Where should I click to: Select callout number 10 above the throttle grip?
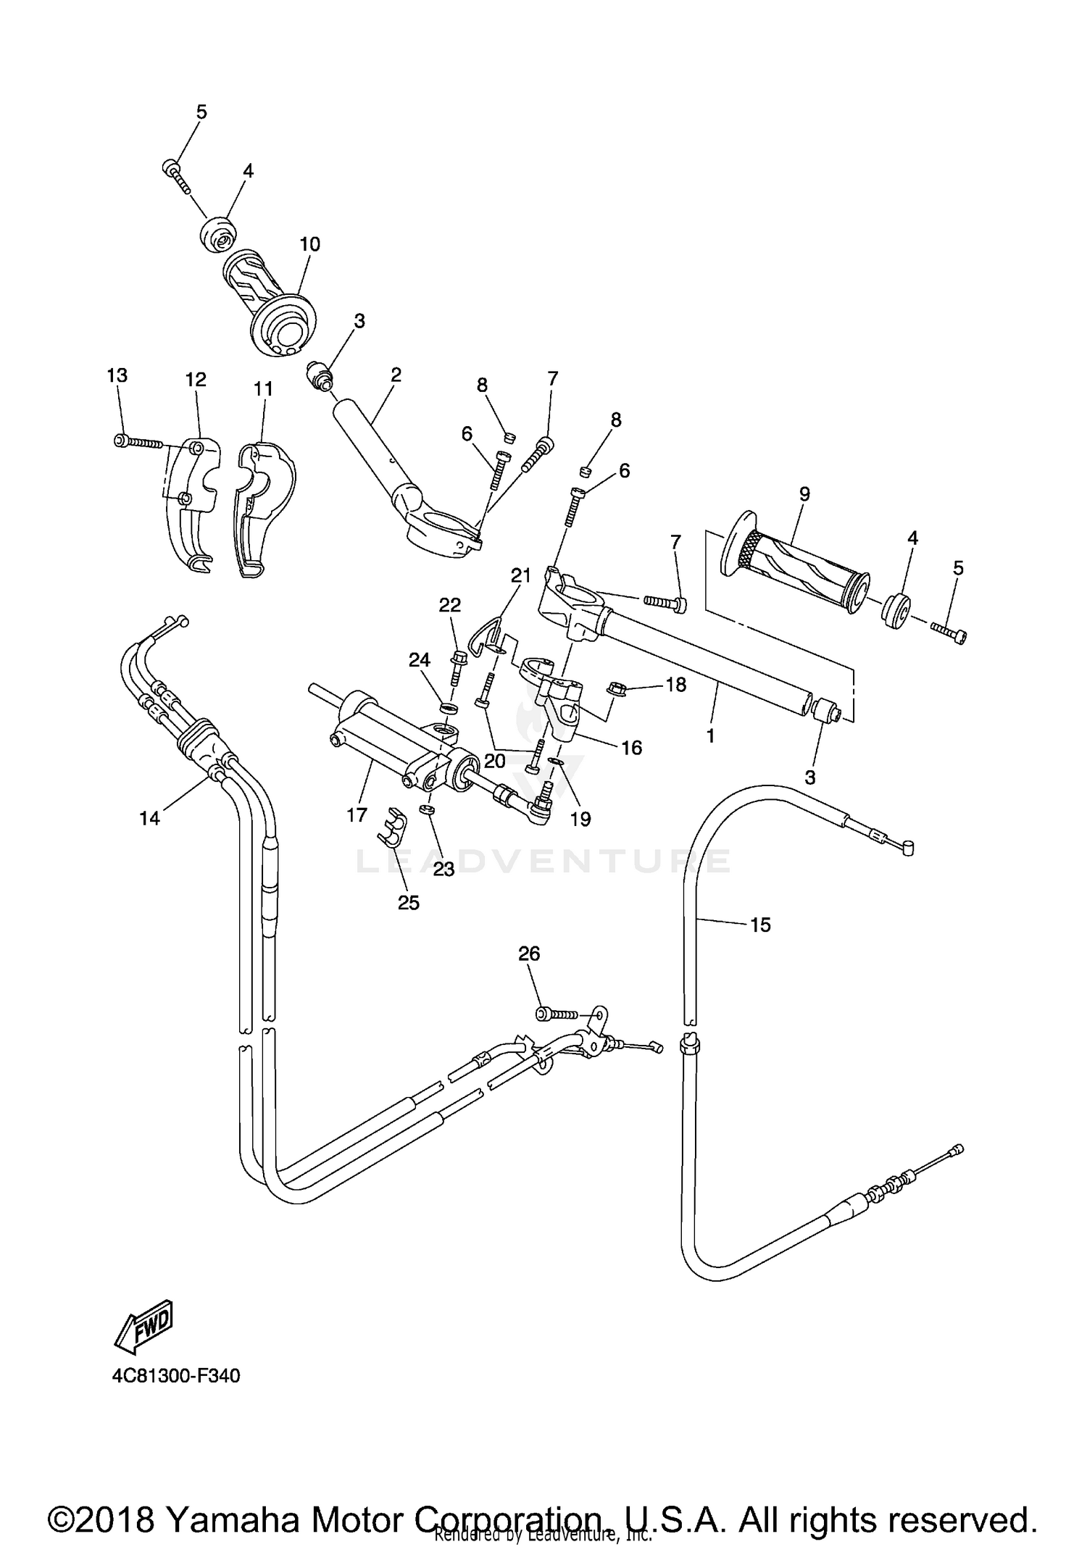tap(309, 244)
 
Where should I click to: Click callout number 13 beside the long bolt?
tap(117, 375)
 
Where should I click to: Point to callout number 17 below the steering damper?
tap(357, 815)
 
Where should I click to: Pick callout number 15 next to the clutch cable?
tap(760, 925)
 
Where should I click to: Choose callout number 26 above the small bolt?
tap(529, 954)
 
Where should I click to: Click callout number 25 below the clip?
tap(409, 903)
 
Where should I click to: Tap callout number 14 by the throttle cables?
tap(149, 818)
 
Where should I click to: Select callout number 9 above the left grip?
tap(804, 494)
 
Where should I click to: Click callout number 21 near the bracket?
tap(520, 575)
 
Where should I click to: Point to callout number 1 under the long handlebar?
tap(710, 735)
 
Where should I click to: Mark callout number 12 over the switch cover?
tap(196, 380)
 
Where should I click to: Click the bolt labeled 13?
tap(138, 441)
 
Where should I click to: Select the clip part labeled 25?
tap(391, 827)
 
